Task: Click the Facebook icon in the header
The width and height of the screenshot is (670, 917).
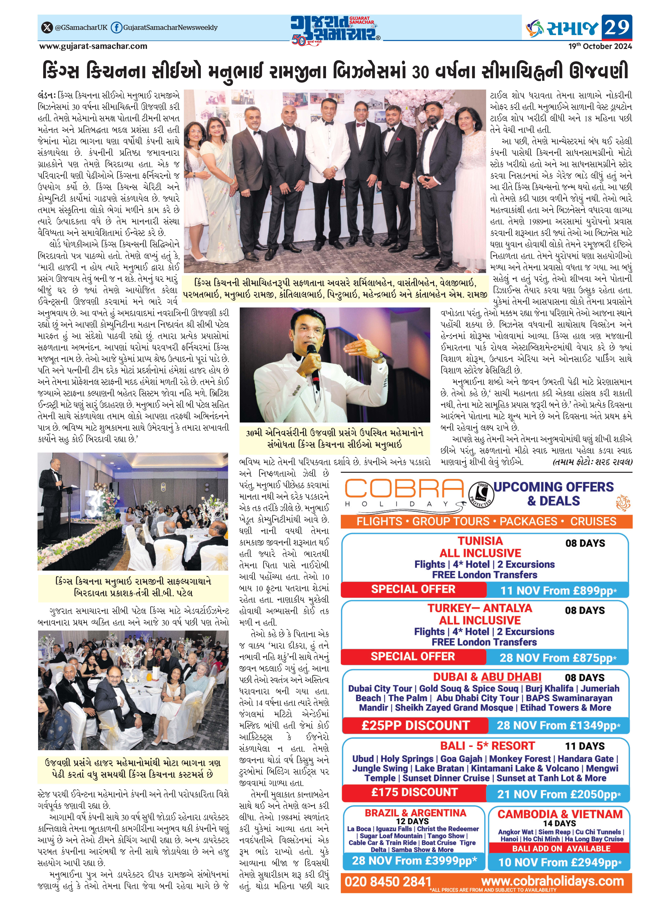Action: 116,28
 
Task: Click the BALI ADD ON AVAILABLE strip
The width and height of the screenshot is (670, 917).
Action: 561,848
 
